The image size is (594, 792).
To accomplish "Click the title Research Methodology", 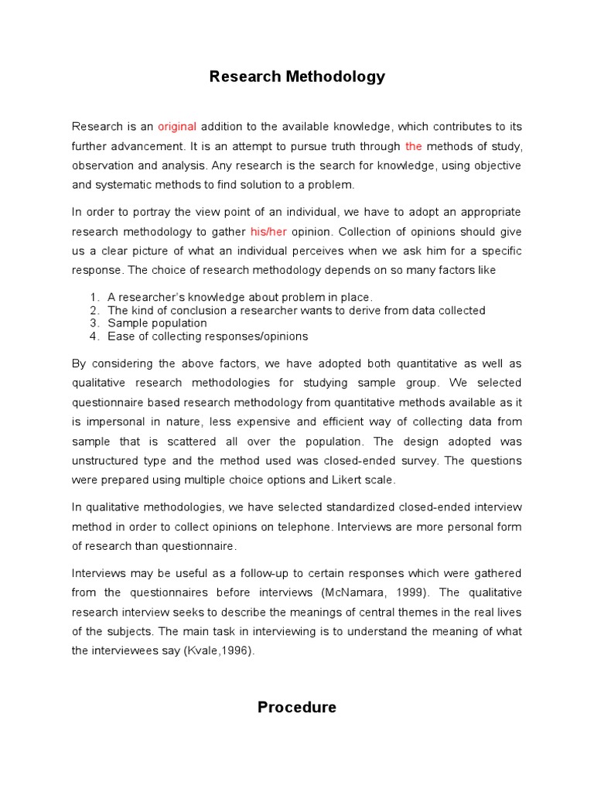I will [x=297, y=77].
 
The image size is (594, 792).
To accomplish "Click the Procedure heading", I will [x=297, y=707].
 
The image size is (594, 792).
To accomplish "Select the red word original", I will [x=177, y=126].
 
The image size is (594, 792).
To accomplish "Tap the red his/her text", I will [x=268, y=231].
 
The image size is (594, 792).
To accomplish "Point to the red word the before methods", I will [x=414, y=145].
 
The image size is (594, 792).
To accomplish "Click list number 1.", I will [x=94, y=297].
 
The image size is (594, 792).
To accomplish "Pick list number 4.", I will [x=94, y=336].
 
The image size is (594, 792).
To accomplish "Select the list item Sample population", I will [x=157, y=323].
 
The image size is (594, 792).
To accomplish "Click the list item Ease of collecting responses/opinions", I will [x=207, y=336].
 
